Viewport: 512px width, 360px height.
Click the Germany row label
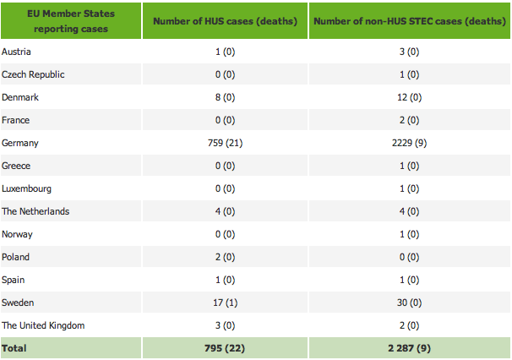[20, 143]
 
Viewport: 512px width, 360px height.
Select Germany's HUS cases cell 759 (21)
[225, 143]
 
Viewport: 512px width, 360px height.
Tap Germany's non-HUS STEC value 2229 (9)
[409, 143]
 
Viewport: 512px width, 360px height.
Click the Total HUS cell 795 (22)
[225, 348]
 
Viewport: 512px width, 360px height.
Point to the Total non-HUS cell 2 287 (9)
[409, 348]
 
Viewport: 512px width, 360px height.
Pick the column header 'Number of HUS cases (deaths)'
[225, 21]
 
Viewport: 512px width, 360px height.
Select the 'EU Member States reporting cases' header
[71, 21]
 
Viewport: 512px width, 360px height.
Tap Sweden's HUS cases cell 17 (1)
[225, 303]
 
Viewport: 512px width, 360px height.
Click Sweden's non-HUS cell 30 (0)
[409, 303]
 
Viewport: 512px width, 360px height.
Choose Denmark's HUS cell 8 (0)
[225, 97]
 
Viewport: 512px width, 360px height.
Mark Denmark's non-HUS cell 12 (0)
[409, 97]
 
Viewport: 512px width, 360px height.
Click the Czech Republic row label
[33, 74]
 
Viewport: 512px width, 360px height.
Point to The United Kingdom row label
[43, 325]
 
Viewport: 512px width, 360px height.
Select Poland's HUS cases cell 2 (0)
[225, 257]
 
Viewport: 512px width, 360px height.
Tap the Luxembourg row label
[26, 188]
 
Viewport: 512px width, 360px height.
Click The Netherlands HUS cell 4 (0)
[225, 211]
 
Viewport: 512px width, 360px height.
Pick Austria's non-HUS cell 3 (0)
[409, 52]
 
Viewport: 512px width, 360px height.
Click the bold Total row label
[14, 348]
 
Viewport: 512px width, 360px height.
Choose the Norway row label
[17, 234]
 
